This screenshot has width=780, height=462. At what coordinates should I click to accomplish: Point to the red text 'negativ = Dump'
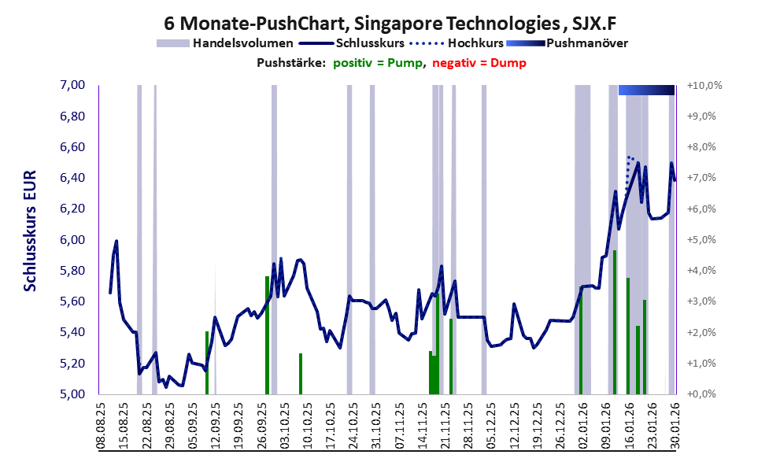[479, 62]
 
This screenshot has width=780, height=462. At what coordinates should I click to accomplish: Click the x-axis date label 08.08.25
[102, 426]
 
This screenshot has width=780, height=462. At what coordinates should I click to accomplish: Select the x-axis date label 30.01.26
[674, 426]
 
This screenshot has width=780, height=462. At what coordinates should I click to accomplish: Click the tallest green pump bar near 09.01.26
[614, 322]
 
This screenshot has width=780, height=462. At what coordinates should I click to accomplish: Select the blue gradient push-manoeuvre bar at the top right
[646, 91]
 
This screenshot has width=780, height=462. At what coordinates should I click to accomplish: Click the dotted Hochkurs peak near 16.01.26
[630, 157]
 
